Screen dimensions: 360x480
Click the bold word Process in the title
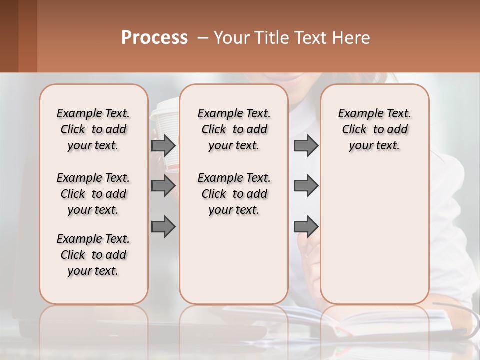(154, 38)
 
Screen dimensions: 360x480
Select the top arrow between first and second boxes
(163, 145)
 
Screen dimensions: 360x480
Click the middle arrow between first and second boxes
(163, 186)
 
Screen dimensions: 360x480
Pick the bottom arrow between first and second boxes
(163, 227)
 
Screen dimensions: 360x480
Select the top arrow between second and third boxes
(306, 145)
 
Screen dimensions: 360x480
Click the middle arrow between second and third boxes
(306, 186)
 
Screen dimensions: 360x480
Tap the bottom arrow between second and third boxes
(306, 227)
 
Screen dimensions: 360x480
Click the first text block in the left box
(93, 129)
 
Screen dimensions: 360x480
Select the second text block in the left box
(93, 194)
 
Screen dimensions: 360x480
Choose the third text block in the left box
(93, 255)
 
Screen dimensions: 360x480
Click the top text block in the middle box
(234, 129)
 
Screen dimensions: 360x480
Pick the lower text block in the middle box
(234, 194)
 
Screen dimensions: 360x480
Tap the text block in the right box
(374, 129)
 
